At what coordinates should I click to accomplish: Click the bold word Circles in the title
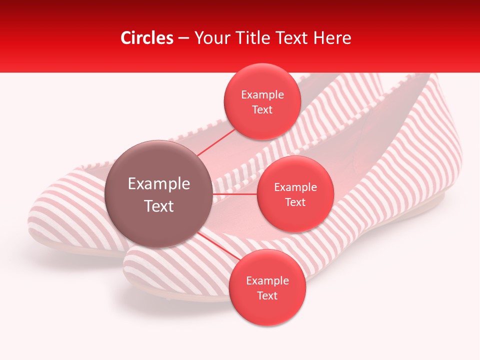click(147, 38)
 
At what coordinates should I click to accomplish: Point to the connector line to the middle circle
click(234, 194)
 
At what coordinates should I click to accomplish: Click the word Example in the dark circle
click(159, 184)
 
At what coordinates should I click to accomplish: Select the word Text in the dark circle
click(159, 205)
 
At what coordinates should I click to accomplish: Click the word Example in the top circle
click(262, 95)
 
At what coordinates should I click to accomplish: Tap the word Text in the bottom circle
click(267, 295)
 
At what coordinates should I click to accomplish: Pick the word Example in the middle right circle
click(295, 187)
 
